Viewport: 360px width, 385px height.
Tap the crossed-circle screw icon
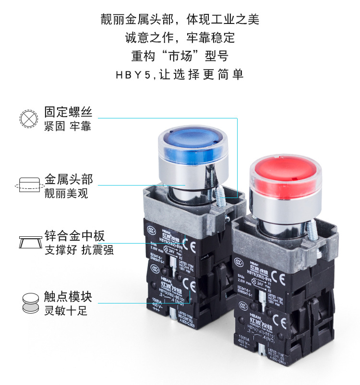(x=29, y=118)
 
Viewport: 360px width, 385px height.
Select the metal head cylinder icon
(x=29, y=185)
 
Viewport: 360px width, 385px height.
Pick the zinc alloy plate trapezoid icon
(x=29, y=241)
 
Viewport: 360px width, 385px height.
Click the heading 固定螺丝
(x=68, y=112)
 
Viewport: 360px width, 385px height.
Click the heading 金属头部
(x=68, y=179)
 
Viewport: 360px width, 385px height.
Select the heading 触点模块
(x=68, y=296)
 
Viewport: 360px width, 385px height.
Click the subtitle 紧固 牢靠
(x=68, y=127)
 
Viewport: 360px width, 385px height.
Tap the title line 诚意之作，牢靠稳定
(x=180, y=37)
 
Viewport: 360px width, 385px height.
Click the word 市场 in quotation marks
(x=180, y=56)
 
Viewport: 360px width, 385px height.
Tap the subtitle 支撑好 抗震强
(x=80, y=250)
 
